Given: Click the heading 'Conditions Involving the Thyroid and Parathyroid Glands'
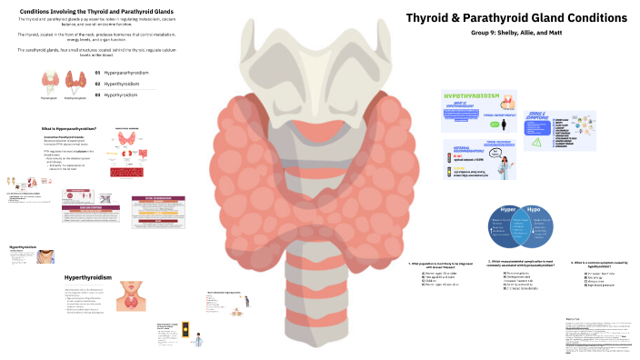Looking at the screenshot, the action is coord(97,10).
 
